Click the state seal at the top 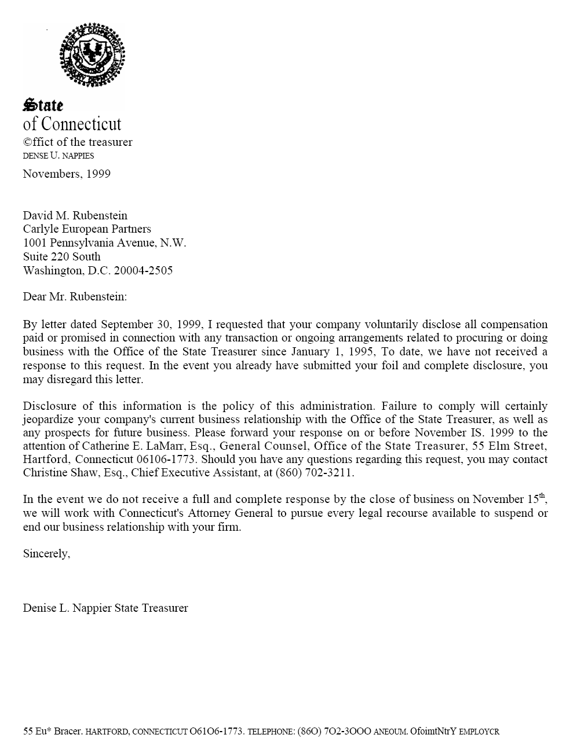click(92, 56)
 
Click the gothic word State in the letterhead click(43, 105)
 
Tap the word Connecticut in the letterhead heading click(81, 124)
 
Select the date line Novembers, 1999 click(67, 174)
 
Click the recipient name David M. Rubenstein click(75, 215)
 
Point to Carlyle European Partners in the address click(87, 229)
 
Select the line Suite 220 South click(62, 256)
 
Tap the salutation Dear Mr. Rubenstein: click(75, 297)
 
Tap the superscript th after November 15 click(542, 495)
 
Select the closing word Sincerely click(46, 553)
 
